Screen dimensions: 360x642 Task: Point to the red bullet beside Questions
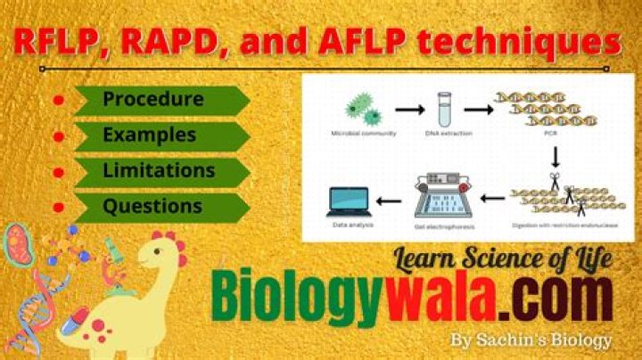click(x=59, y=207)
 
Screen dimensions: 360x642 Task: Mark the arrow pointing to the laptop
click(x=389, y=200)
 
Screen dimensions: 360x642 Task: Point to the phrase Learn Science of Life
click(x=503, y=259)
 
